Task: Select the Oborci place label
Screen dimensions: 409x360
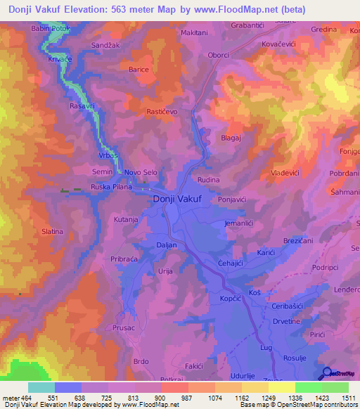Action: point(219,55)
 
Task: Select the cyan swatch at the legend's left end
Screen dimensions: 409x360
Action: point(41,387)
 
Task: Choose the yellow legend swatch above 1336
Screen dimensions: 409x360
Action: point(282,387)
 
